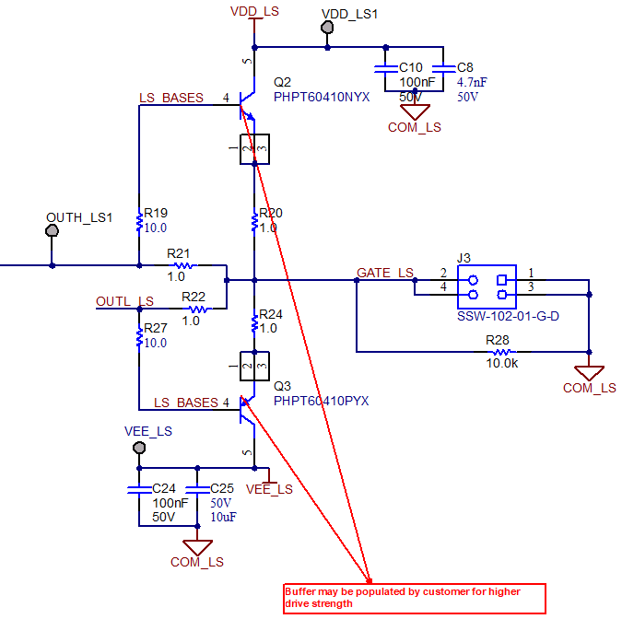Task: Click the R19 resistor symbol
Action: pyautogui.click(x=139, y=221)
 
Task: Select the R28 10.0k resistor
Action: pyautogui.click(x=501, y=351)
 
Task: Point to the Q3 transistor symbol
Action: pyautogui.click(x=245, y=408)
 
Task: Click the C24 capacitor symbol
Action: pyautogui.click(x=138, y=489)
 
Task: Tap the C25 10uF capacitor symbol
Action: pyautogui.click(x=197, y=489)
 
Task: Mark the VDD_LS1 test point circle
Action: pyautogui.click(x=327, y=28)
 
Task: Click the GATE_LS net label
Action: pyautogui.click(x=385, y=274)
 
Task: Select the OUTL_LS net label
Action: pyautogui.click(x=124, y=301)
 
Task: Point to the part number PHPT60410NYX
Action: pyautogui.click(x=322, y=97)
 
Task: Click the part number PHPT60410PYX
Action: pyautogui.click(x=322, y=402)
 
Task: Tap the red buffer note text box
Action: pyautogui.click(x=414, y=598)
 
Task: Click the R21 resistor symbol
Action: pyautogui.click(x=182, y=265)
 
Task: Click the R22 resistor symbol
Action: pyautogui.click(x=194, y=309)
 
